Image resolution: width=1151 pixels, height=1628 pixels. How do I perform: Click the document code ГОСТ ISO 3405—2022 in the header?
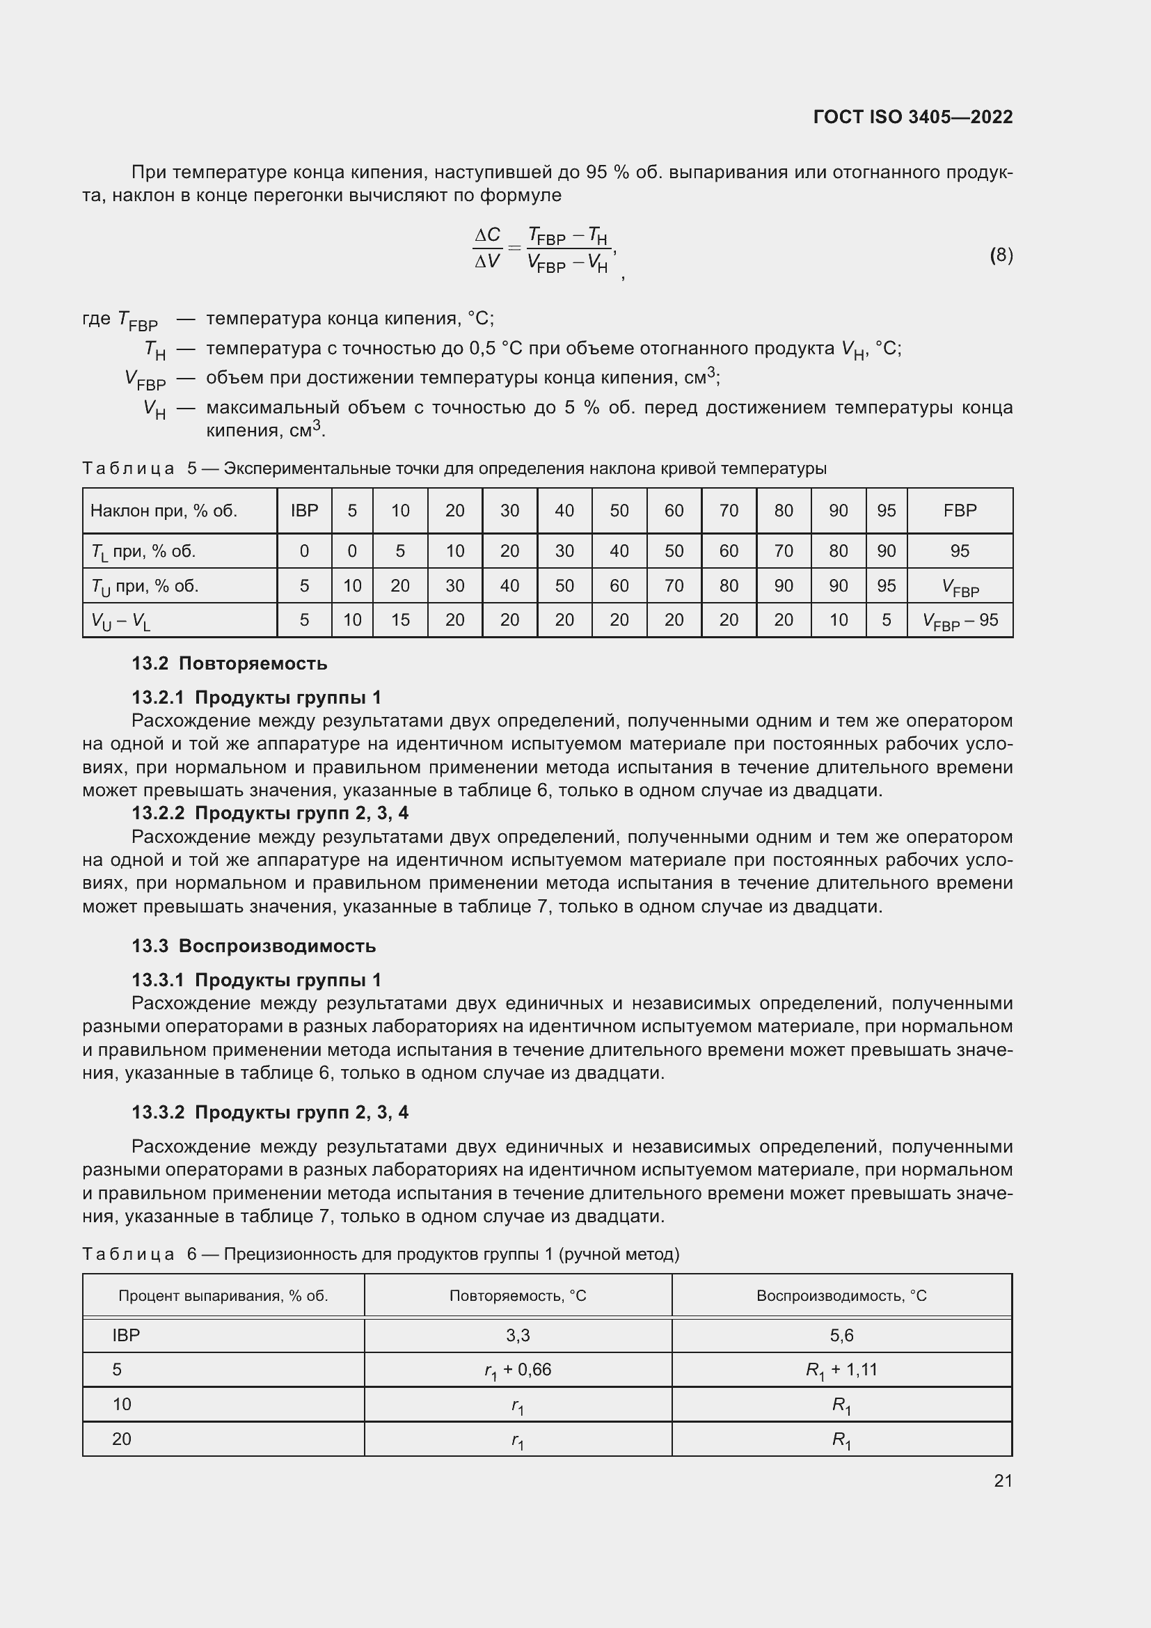pos(913,117)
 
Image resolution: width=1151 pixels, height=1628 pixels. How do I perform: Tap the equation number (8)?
pos(1001,255)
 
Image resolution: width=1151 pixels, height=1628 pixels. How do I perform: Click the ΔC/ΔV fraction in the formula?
pos(487,248)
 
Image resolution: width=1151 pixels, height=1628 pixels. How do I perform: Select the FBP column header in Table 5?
pos(960,510)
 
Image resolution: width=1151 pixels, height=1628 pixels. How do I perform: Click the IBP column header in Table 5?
pos(304,510)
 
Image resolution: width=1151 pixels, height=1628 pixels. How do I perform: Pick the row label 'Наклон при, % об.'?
pos(164,510)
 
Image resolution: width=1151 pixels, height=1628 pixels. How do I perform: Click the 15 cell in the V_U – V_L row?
pos(399,619)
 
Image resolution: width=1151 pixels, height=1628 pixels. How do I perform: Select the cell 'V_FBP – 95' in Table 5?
pos(960,620)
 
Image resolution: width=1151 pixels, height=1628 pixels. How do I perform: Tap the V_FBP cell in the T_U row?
pos(960,586)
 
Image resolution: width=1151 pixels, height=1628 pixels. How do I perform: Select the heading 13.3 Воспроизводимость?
pos(253,946)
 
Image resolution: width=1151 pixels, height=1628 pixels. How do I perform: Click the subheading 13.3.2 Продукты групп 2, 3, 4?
pos(269,1112)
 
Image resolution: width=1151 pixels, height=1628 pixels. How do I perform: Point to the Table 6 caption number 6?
pos(191,1254)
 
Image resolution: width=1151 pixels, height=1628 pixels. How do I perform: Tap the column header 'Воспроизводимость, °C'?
pos(841,1295)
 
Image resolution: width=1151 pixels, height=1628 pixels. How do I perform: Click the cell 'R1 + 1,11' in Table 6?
pos(841,1369)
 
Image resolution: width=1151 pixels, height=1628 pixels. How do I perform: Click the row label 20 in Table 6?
pos(122,1439)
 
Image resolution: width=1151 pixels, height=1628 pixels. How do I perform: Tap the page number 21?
pos(1003,1480)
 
